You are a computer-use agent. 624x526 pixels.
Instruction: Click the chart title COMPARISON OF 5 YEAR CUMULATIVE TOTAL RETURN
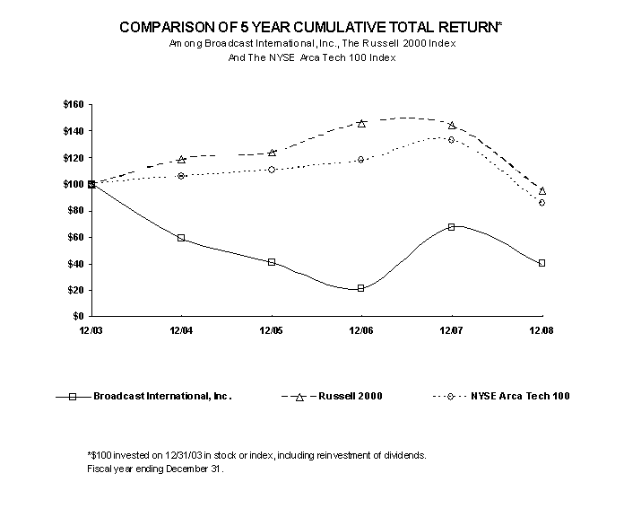coord(310,28)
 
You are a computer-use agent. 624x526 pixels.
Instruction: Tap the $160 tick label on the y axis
coord(74,105)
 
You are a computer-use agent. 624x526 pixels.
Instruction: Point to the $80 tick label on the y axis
coord(75,211)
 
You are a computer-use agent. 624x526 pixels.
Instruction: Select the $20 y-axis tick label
coord(75,290)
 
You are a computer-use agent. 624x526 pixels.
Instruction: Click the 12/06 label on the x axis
coord(361,331)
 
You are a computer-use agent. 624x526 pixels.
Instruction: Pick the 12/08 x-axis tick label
coord(542,331)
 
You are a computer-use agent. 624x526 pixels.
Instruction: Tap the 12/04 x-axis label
coord(181,331)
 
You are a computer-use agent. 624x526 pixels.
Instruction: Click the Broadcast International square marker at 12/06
coord(361,288)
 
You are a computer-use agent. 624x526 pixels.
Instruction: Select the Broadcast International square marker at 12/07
coord(451,227)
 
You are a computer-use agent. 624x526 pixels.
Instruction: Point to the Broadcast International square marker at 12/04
coord(181,238)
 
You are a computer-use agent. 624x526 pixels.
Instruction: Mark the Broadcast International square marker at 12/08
coord(542,263)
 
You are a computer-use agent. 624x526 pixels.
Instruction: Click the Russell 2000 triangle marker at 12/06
coord(361,123)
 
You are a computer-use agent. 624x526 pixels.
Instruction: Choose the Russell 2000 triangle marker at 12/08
coord(542,190)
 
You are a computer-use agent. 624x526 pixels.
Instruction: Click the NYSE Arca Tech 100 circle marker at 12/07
coord(451,139)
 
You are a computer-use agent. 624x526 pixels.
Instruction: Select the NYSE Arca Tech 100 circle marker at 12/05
coord(272,170)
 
